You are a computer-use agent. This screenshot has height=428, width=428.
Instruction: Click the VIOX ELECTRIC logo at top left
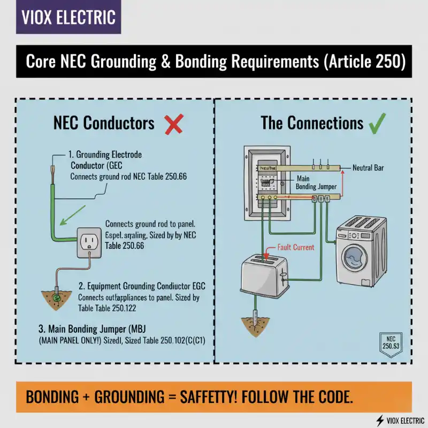point(68,17)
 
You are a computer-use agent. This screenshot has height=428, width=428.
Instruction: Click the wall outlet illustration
point(91,244)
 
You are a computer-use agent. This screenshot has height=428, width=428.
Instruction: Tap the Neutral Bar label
point(368,168)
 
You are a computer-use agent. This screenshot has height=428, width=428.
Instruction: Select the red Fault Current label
point(296,248)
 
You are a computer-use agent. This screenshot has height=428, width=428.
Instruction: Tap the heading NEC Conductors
point(104,124)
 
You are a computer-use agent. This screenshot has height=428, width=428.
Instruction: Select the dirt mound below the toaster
point(256,323)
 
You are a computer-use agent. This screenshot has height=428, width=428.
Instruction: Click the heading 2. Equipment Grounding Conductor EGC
point(142,286)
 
